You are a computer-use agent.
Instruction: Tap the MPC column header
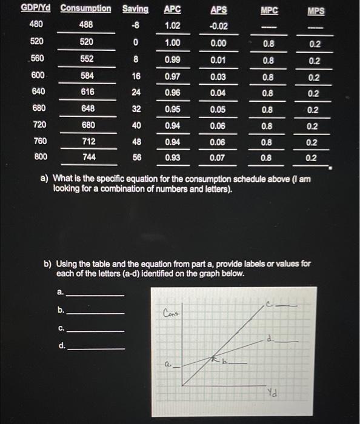[266, 10]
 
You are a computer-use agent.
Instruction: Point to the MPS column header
[316, 10]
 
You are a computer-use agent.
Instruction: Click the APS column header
[218, 10]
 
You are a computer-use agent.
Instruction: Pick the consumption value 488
[86, 26]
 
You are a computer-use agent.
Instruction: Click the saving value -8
[136, 26]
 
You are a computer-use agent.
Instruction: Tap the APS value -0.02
[218, 26]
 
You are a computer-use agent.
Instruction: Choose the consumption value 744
[86, 156]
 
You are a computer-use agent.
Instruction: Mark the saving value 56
[136, 156]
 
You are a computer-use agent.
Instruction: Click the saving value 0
[136, 43]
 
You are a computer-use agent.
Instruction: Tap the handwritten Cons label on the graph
[172, 313]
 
